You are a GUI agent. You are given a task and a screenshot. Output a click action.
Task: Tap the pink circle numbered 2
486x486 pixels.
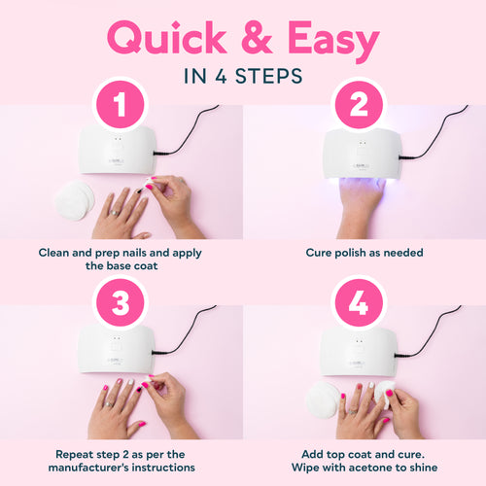(360, 106)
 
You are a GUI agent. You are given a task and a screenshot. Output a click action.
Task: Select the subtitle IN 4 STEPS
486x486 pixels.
(243, 76)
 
